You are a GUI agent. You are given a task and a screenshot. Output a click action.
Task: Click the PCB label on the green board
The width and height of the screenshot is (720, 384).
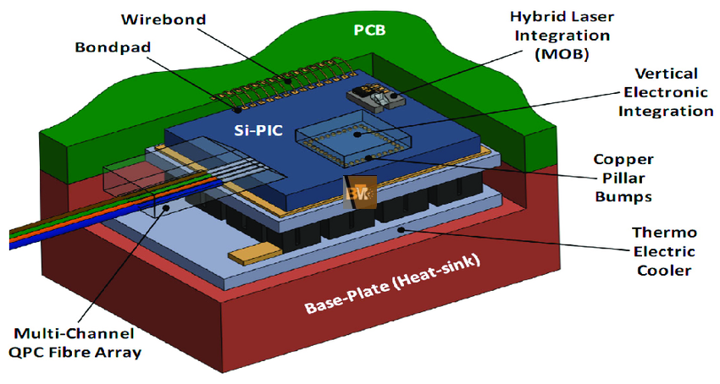point(369,30)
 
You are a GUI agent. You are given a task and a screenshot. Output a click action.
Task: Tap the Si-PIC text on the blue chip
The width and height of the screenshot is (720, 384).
point(258,131)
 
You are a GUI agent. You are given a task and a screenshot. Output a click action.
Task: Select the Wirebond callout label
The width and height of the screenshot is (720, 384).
point(163,19)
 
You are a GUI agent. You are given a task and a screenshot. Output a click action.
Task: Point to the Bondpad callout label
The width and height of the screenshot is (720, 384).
point(113,47)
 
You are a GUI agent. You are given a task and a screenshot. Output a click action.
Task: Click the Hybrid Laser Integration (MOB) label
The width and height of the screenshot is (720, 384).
point(562,36)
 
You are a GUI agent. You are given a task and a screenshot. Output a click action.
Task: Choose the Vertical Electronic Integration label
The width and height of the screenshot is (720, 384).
point(665,92)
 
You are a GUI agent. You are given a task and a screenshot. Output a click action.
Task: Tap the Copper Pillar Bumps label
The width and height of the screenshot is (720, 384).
point(623,178)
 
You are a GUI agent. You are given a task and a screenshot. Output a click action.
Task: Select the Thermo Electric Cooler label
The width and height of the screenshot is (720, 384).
point(664,251)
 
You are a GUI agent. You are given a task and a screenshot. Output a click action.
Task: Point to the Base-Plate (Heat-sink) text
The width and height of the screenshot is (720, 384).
point(393,284)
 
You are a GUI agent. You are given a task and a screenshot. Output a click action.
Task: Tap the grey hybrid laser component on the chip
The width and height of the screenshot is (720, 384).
point(373,97)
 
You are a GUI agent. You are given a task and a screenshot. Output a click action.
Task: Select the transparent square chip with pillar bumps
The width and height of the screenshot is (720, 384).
point(353,138)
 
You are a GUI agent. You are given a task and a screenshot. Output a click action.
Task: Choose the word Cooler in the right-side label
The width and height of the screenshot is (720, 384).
point(664,270)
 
